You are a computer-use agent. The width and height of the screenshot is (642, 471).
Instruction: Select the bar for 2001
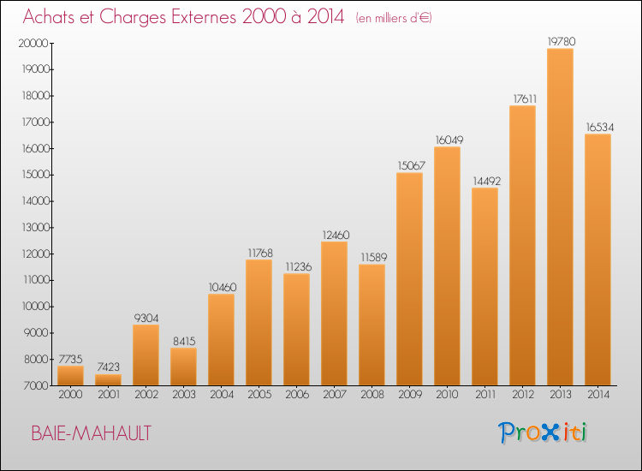[x=108, y=380]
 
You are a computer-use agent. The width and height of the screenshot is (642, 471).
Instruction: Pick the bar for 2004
[x=221, y=339]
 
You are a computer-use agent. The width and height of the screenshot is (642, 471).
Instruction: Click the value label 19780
[x=561, y=39]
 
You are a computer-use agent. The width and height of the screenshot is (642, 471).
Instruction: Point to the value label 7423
[x=108, y=366]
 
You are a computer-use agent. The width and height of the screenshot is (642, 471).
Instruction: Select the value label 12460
[x=334, y=234]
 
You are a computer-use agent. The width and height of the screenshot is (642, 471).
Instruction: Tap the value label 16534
[x=598, y=126]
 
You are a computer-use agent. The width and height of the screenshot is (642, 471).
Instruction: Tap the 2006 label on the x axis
[x=296, y=396]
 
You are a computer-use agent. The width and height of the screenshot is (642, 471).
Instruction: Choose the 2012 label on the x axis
[x=522, y=396]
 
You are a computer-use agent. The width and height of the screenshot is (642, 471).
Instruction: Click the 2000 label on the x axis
[x=70, y=396]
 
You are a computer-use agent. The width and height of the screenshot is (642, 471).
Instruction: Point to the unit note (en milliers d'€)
[x=394, y=18]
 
